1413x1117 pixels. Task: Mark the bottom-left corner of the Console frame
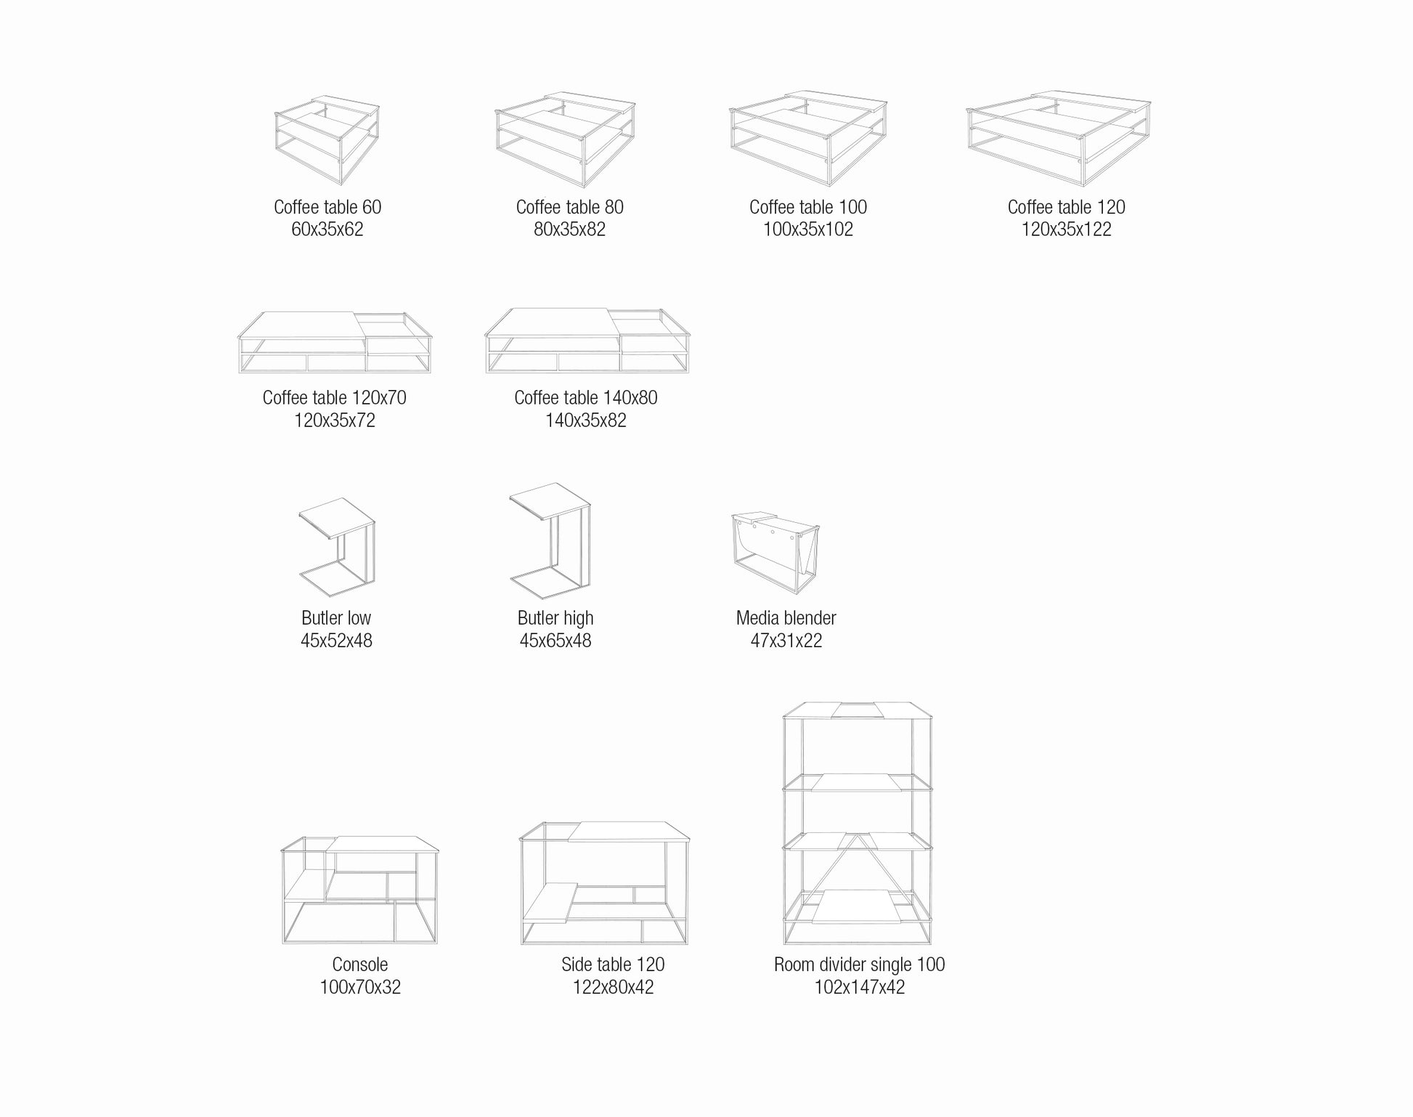coord(283,943)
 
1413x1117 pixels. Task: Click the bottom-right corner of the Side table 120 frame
coord(687,944)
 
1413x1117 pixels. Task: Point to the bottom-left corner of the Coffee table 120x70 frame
coord(240,373)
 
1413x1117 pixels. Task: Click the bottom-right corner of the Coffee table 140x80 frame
coord(688,373)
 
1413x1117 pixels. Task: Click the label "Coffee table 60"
coord(327,207)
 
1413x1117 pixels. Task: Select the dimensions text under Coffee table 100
coord(808,230)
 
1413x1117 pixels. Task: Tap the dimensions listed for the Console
coord(360,987)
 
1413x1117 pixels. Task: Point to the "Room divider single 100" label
coord(860,964)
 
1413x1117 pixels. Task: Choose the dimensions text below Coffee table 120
coord(1067,230)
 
